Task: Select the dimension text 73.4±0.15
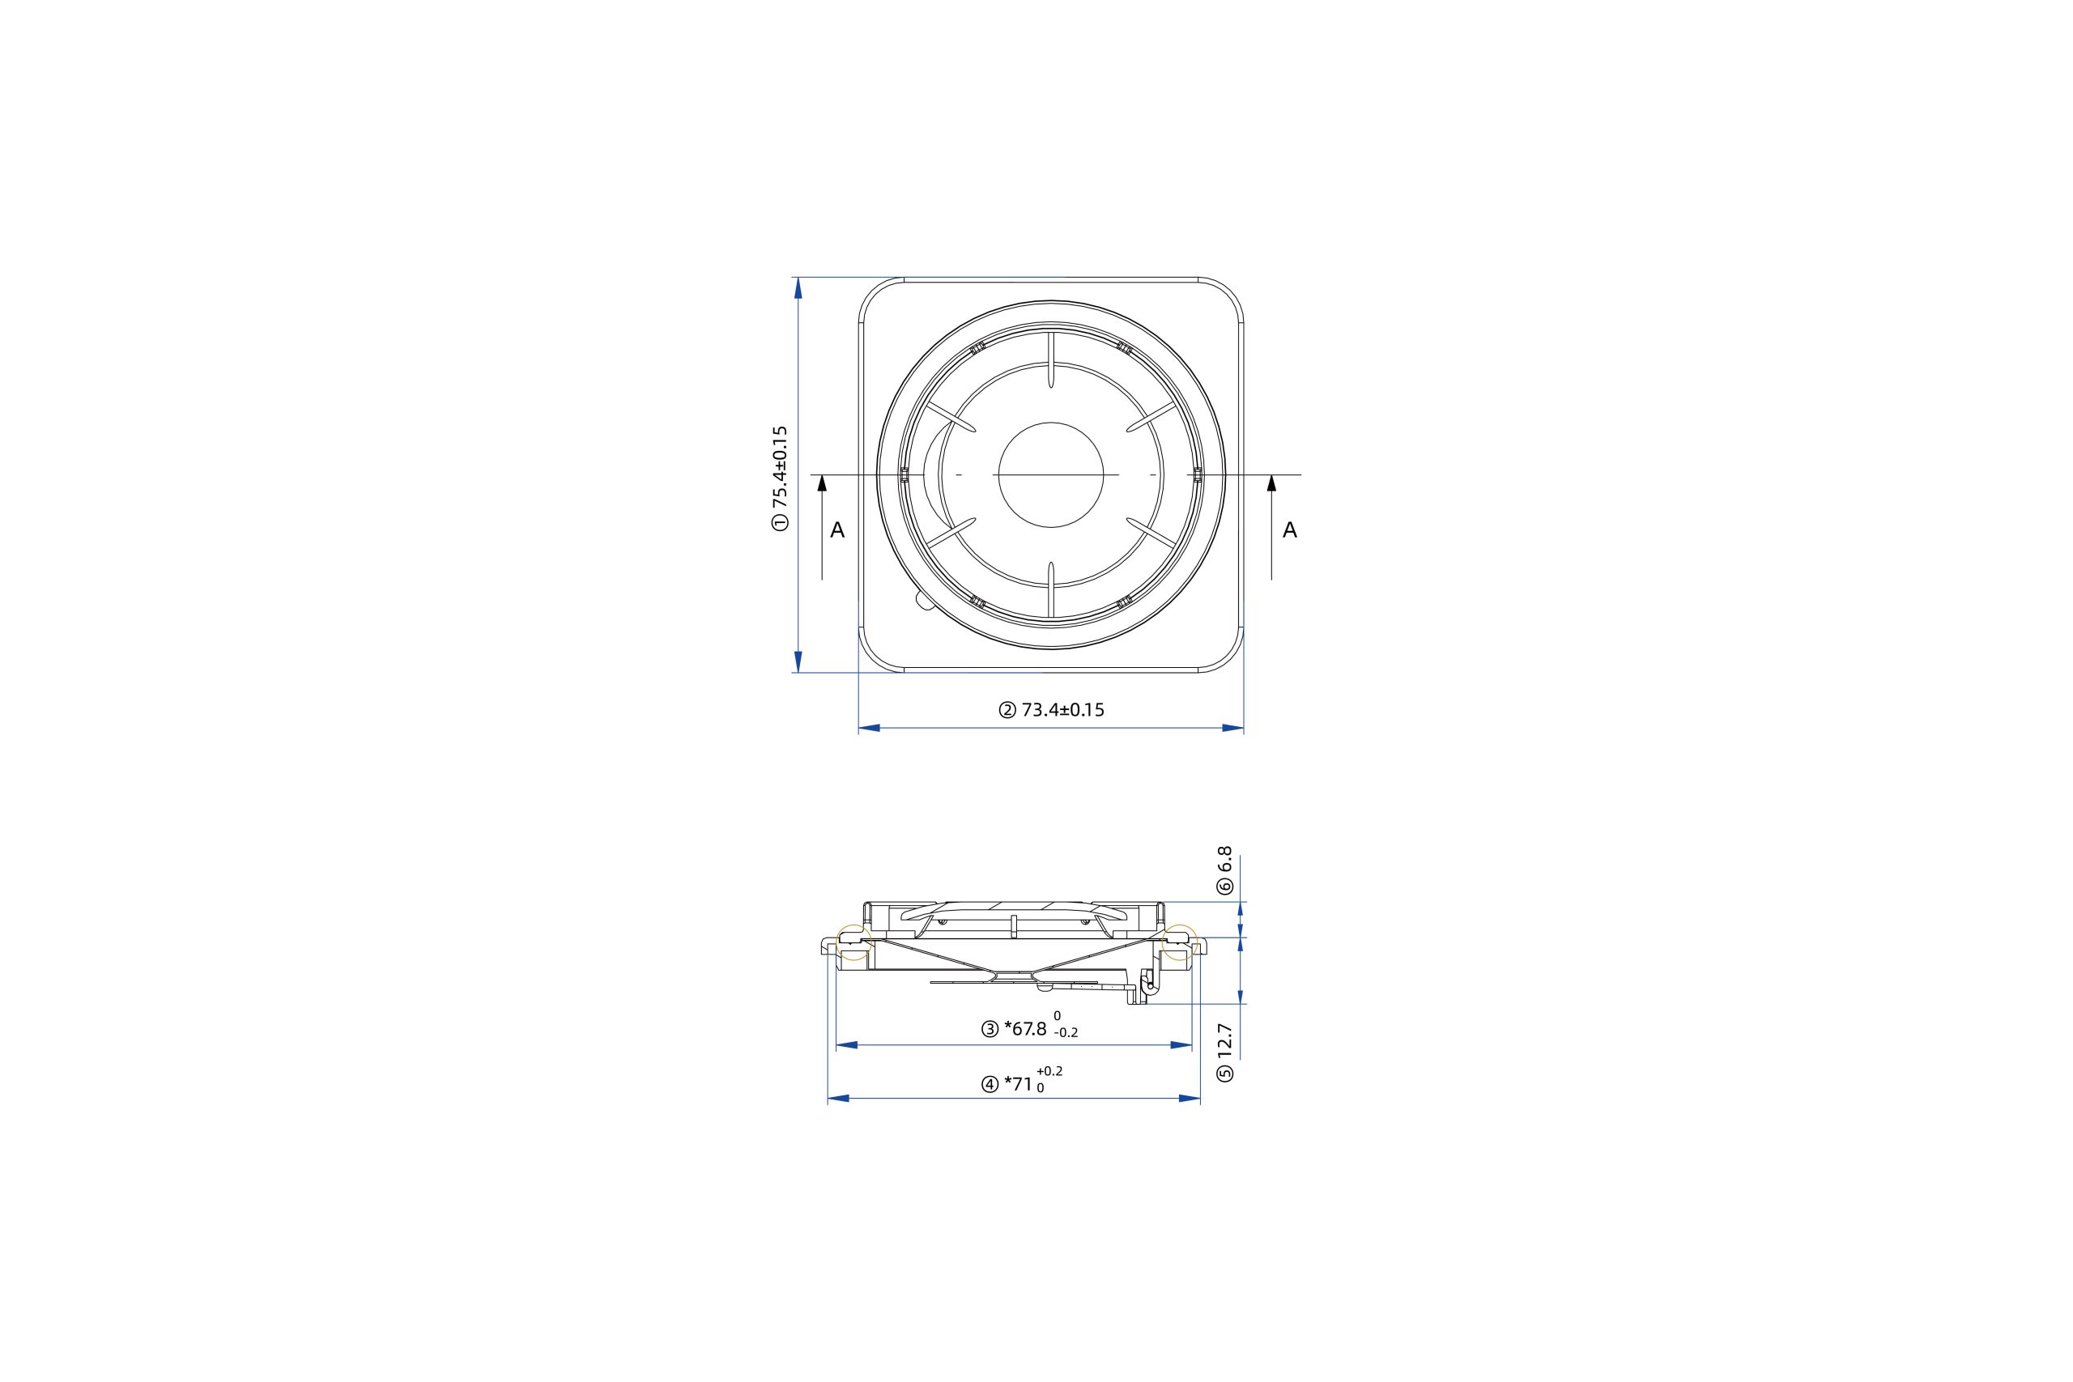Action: [1063, 709]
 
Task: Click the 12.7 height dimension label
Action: [1225, 1040]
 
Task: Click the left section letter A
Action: [837, 530]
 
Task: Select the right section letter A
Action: [1289, 529]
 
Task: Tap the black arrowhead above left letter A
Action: [823, 482]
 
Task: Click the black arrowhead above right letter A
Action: [1271, 482]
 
